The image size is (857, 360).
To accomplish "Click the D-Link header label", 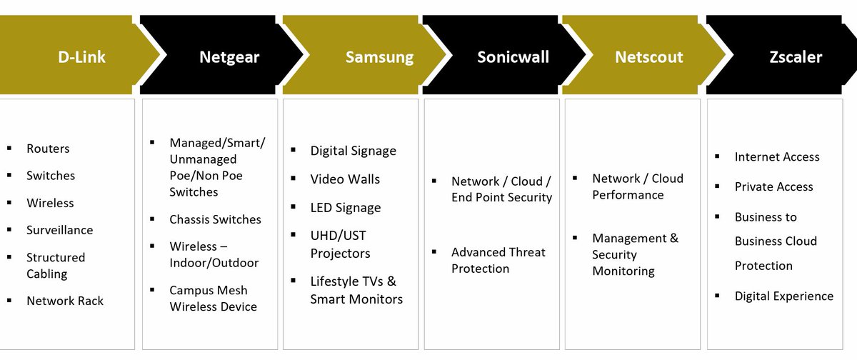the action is click(x=81, y=57).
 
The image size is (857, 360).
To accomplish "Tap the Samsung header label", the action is click(x=379, y=57).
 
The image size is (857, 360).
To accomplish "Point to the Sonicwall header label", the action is click(x=513, y=57).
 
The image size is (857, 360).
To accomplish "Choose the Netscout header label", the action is click(x=648, y=57).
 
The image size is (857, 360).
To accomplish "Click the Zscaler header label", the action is click(x=795, y=57).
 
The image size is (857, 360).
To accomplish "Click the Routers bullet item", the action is click(x=48, y=149).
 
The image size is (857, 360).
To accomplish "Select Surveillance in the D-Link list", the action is click(x=59, y=230).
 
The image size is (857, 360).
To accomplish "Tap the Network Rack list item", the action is click(x=65, y=301).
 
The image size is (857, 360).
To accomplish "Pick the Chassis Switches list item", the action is click(x=215, y=219).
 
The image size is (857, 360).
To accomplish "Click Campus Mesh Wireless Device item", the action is click(x=213, y=298).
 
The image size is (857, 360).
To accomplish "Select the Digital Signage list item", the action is click(x=353, y=151).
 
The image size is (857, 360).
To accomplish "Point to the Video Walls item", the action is click(x=345, y=179).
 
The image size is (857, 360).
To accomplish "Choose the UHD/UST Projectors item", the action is click(x=340, y=244).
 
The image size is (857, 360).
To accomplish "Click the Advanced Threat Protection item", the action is click(x=498, y=260).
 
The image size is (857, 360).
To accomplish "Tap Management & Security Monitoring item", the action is click(x=635, y=254).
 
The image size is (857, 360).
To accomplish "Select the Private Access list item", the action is click(x=773, y=186).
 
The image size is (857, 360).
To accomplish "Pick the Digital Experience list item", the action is click(x=783, y=296).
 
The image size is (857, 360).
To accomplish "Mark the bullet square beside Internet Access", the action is click(x=718, y=156).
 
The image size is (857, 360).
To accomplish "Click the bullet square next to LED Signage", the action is click(x=294, y=206).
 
